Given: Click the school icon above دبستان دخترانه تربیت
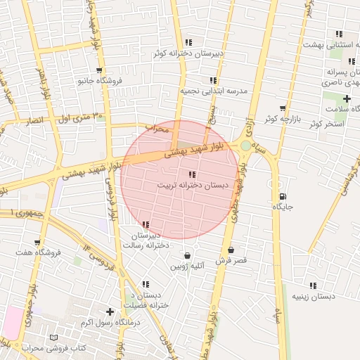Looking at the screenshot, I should (191, 174).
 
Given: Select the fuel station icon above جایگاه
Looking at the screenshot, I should (283, 196).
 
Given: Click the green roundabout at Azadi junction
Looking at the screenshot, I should (245, 146).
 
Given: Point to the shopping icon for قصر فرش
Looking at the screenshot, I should (231, 250).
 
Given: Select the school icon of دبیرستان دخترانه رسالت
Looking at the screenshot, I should (146, 224).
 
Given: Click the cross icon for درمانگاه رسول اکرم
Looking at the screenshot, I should (109, 311).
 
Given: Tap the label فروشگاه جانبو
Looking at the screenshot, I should (100, 81).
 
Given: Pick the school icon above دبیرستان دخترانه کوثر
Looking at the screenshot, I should (188, 42).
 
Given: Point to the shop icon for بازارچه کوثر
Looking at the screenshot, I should (282, 108).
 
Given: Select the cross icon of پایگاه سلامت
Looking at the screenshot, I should (347, 98).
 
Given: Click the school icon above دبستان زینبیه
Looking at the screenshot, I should (313, 285).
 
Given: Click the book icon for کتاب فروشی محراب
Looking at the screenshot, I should (54, 337).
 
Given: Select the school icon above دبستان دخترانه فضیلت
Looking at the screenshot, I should (146, 285).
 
